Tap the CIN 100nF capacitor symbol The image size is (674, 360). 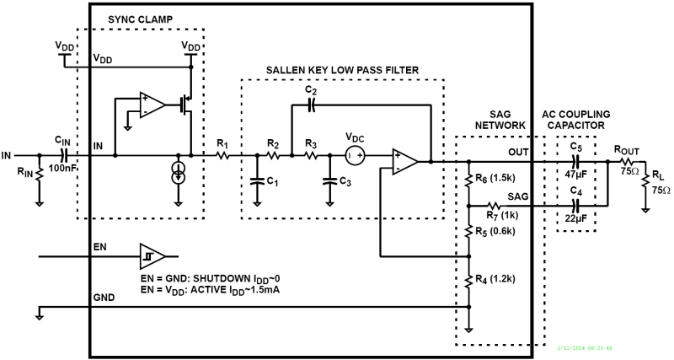tap(64, 156)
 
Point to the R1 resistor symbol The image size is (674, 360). tap(224, 156)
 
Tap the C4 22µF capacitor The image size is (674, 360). tap(576, 205)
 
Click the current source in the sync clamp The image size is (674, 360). tap(179, 172)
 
